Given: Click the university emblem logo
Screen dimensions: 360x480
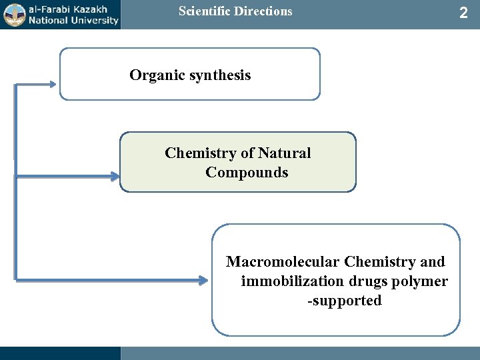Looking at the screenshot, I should click(12, 14).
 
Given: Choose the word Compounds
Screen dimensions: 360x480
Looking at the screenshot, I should click(247, 173).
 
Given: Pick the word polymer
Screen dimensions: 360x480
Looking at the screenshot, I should click(421, 281).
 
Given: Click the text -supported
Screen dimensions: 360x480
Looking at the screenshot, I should click(344, 301).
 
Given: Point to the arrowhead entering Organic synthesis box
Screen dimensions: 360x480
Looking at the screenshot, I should click(53, 85).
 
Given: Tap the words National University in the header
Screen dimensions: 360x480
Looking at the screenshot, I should click(71, 20).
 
